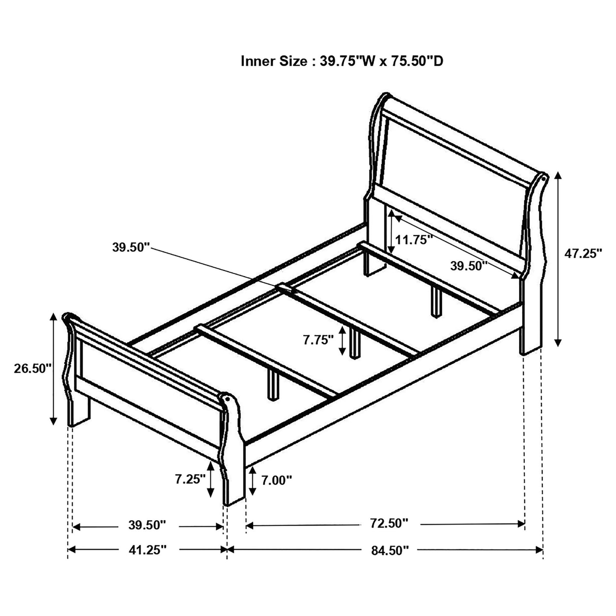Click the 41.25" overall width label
[x=147, y=550]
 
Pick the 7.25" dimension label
[x=190, y=479]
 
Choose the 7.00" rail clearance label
[x=276, y=480]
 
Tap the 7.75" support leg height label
[x=318, y=340]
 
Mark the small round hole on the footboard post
[x=227, y=399]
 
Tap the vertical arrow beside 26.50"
[x=53, y=369]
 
